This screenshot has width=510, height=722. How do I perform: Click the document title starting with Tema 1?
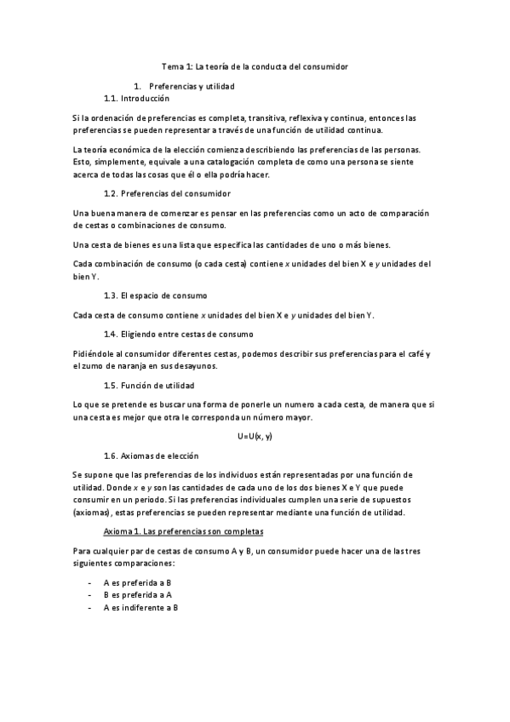(x=255, y=66)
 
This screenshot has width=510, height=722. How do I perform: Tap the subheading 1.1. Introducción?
(x=136, y=99)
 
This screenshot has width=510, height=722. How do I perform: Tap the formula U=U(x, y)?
(x=255, y=436)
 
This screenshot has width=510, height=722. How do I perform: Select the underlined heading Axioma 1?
(x=182, y=532)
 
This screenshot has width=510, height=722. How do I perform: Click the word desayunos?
(x=194, y=366)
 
